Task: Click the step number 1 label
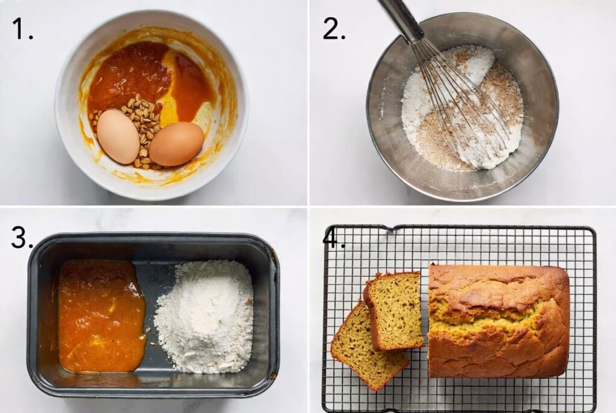[22, 28]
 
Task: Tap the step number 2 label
[334, 28]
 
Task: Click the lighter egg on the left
[118, 136]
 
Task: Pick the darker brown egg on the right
[176, 144]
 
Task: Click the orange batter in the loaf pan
[101, 316]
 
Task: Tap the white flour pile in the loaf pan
[205, 316]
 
